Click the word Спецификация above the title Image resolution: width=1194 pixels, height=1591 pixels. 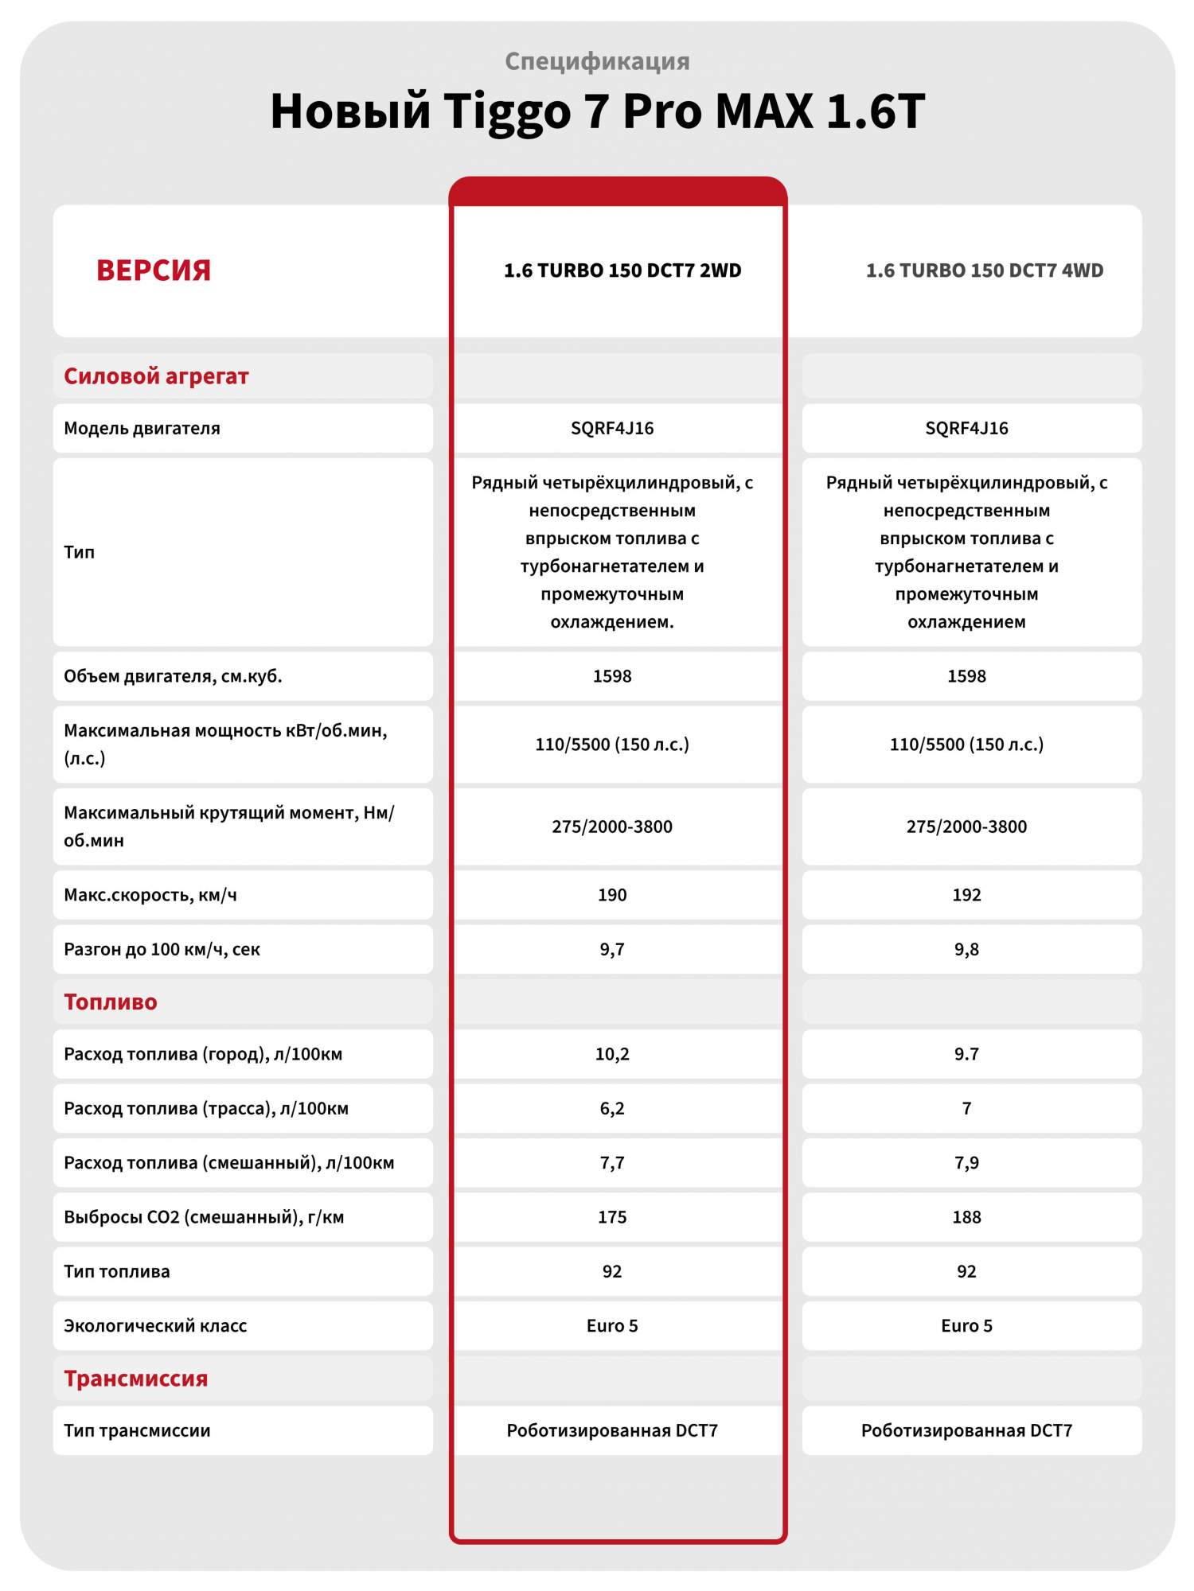pyautogui.click(x=597, y=61)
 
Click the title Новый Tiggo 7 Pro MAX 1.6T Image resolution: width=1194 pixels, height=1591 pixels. pyautogui.click(x=597, y=111)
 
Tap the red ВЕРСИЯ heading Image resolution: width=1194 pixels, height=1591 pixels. pyautogui.click(x=154, y=270)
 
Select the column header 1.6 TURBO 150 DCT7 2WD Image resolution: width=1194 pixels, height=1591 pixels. pyautogui.click(x=622, y=270)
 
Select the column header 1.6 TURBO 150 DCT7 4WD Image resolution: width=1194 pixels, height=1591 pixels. pyautogui.click(x=985, y=270)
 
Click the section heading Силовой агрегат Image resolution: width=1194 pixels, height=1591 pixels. pyautogui.click(x=156, y=376)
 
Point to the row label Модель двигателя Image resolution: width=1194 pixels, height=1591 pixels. pyautogui.click(x=142, y=428)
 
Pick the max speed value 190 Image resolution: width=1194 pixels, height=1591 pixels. pyautogui.click(x=612, y=895)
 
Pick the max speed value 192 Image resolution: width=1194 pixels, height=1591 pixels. pyautogui.click(x=966, y=895)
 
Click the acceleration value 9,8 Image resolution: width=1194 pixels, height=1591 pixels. pyautogui.click(x=966, y=949)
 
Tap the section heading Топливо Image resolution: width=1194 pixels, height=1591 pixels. pyautogui.click(x=111, y=1002)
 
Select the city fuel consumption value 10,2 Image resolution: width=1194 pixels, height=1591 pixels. pyautogui.click(x=612, y=1054)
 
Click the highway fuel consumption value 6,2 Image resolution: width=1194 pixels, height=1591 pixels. pyautogui.click(x=612, y=1108)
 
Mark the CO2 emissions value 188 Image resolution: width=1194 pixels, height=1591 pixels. pyautogui.click(x=966, y=1217)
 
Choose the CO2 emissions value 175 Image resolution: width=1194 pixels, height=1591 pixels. pyautogui.click(x=612, y=1217)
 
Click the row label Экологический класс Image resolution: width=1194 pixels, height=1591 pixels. pyautogui.click(x=155, y=1325)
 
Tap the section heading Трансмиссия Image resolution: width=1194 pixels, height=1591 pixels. pyautogui.click(x=135, y=1379)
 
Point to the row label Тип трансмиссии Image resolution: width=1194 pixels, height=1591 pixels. pyautogui.click(x=137, y=1430)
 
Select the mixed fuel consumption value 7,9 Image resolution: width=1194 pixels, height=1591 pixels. pyautogui.click(x=966, y=1163)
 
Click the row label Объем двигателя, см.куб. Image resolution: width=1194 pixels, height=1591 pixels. pyautogui.click(x=173, y=676)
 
